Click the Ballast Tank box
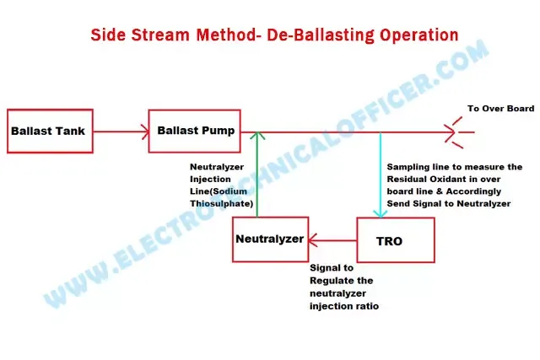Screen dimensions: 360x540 coord(47,131)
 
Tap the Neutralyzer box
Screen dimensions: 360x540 coord(269,239)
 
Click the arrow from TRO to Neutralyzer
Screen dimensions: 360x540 coord(331,239)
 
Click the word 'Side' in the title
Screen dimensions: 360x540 coord(111,35)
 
